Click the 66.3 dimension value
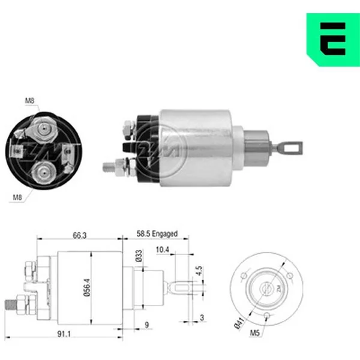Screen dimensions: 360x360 [80, 235]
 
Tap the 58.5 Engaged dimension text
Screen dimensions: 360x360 [157, 234]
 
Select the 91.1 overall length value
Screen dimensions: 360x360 [64, 334]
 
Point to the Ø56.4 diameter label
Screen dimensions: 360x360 [87, 287]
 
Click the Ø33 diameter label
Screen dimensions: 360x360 [139, 256]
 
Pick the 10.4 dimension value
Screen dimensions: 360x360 [163, 250]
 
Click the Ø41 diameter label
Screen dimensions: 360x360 [239, 323]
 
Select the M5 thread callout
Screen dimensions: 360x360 [255, 332]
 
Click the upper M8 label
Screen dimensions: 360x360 [29, 100]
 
